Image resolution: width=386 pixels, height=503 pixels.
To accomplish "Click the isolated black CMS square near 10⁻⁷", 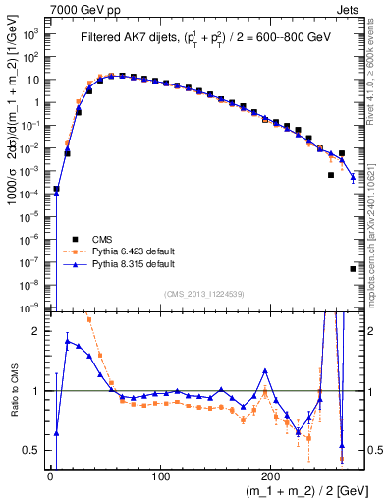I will pos(353,268).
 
